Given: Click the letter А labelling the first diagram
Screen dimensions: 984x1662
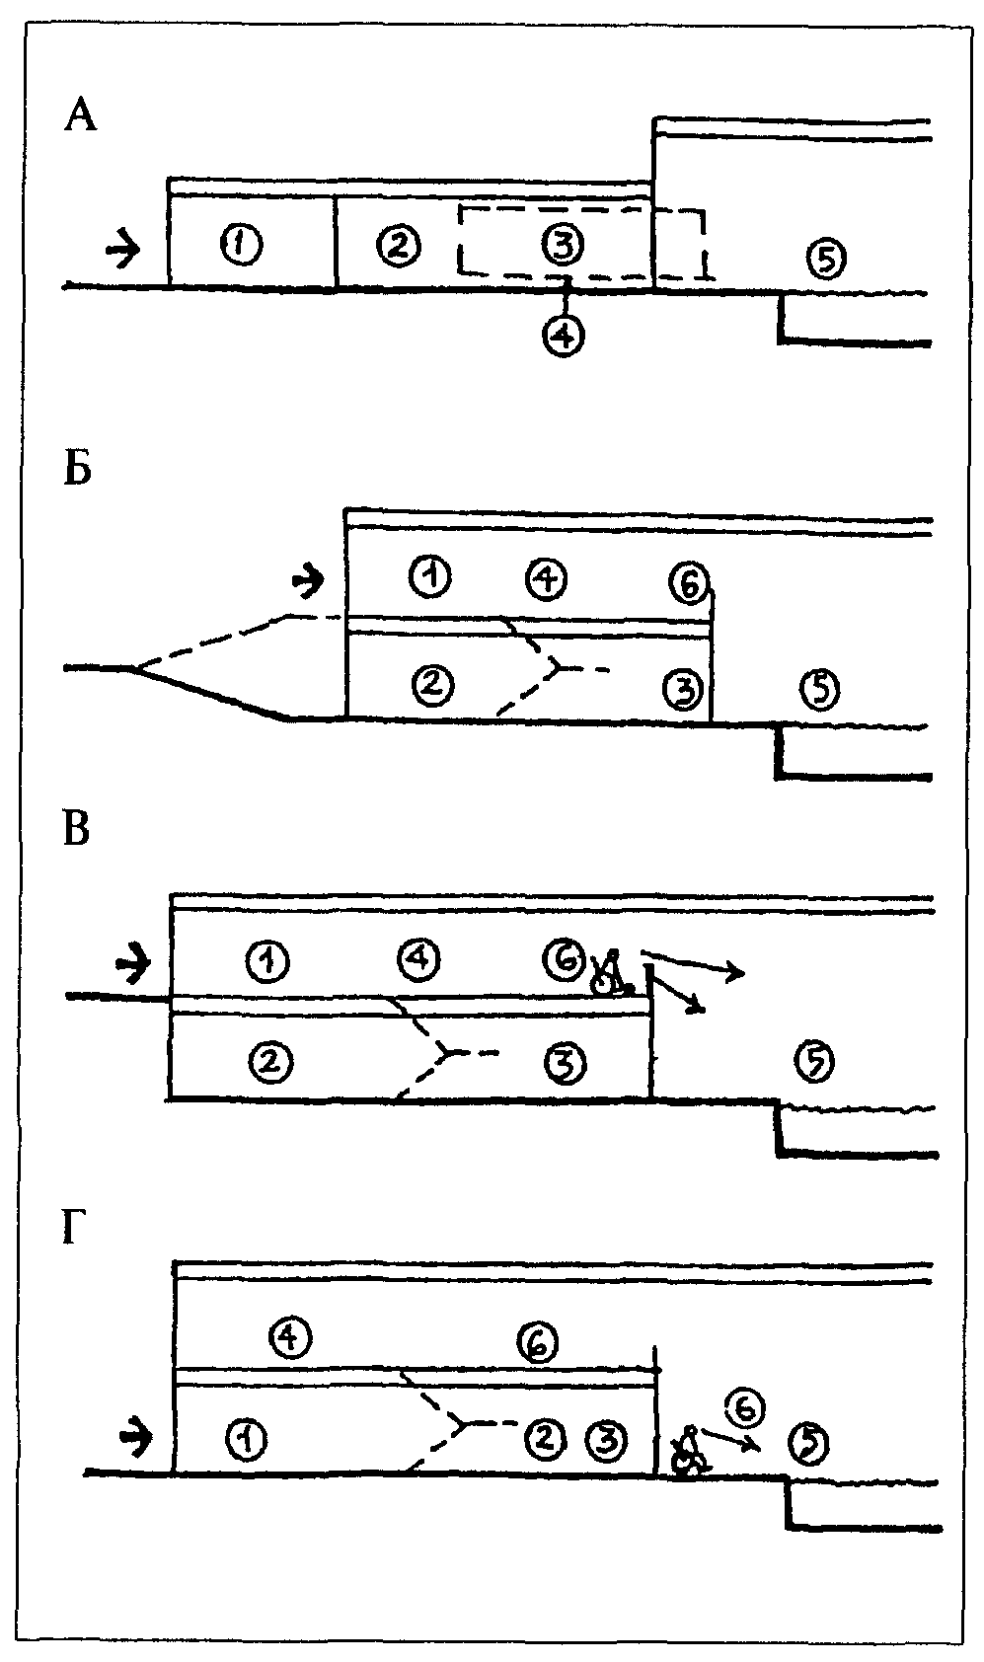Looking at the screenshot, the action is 80,116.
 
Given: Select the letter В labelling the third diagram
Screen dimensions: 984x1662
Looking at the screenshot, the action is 76,829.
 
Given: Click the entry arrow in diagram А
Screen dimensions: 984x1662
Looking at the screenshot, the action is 122,249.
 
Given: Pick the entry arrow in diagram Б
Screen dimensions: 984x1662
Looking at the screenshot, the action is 309,581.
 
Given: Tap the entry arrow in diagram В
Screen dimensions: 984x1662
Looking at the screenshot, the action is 133,963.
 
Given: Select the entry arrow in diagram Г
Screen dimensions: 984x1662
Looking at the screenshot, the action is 136,1437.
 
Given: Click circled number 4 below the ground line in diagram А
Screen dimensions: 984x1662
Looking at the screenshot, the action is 564,336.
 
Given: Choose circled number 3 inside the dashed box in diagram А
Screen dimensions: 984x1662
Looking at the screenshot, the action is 564,245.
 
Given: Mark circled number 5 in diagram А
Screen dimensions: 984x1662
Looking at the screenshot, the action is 826,259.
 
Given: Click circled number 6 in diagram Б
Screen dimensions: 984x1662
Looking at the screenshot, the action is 689,583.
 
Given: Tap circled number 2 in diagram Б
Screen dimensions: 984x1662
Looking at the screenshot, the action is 433,683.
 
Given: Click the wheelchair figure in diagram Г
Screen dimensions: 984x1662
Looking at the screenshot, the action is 689,1450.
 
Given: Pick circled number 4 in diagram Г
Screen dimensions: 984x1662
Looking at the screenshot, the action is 291,1337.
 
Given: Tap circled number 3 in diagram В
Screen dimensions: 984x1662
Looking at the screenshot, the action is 566,1064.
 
